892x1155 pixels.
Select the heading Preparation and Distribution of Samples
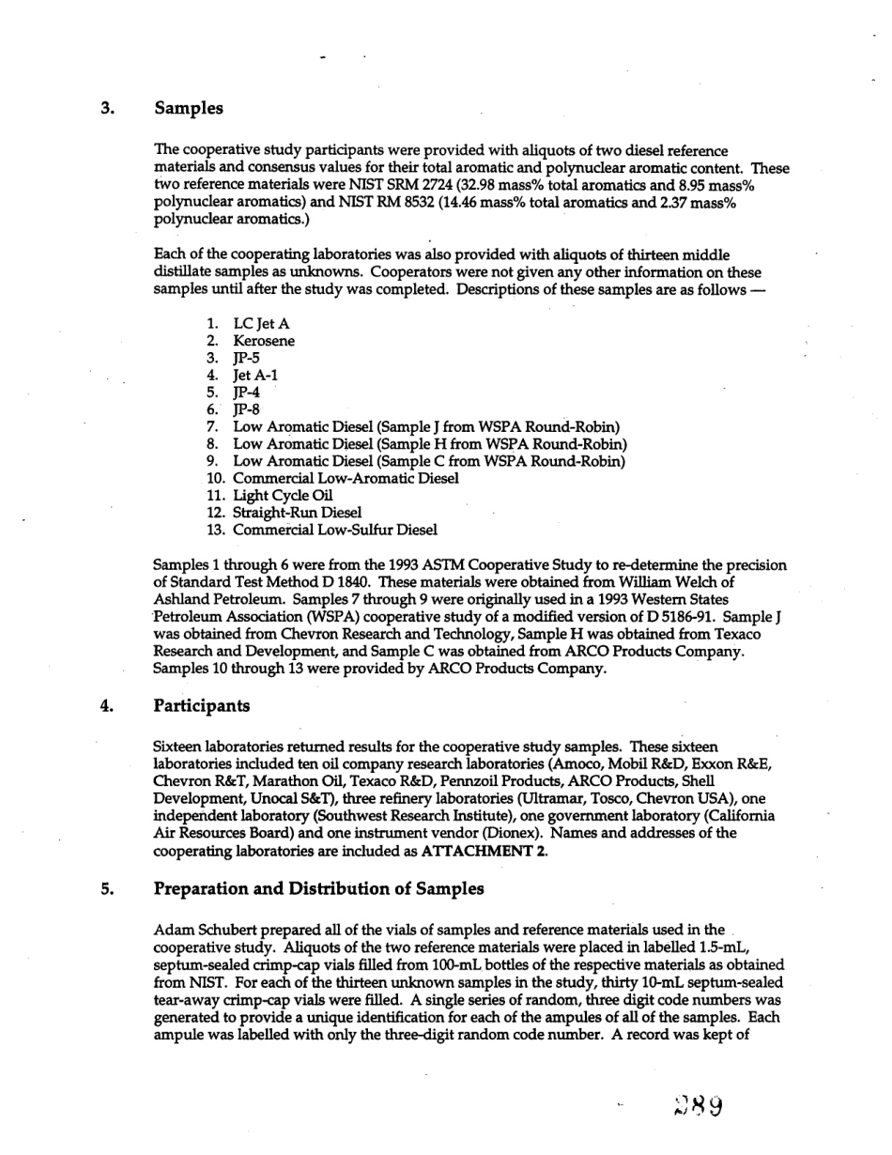click(x=318, y=888)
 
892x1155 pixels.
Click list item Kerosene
click(x=263, y=342)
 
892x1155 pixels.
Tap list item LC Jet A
click(x=261, y=325)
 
